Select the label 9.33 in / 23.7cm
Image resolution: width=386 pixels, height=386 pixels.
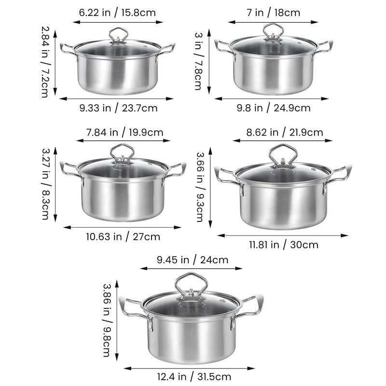[x=118, y=108]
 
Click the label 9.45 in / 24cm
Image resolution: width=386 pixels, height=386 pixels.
[x=192, y=260]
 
